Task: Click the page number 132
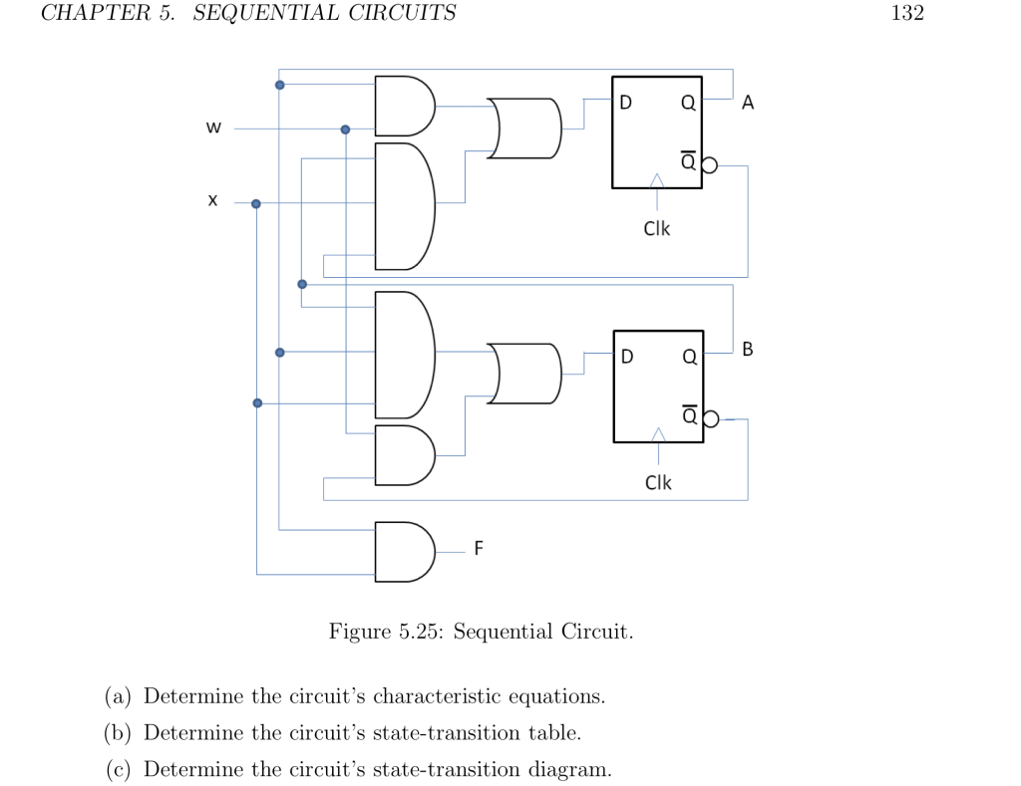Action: click(x=907, y=13)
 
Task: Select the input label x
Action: click(x=212, y=201)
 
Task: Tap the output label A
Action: click(x=749, y=102)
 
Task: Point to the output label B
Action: click(x=749, y=350)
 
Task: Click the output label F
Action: click(x=479, y=548)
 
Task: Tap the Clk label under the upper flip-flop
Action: click(x=657, y=228)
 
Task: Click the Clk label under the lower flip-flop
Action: click(x=658, y=482)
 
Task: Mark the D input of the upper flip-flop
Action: click(x=625, y=102)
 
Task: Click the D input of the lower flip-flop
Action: click(x=626, y=357)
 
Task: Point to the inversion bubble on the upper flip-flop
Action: click(x=709, y=165)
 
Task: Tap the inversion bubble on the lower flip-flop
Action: click(x=710, y=419)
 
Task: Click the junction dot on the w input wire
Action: click(x=346, y=130)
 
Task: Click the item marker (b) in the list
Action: click(x=120, y=733)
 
